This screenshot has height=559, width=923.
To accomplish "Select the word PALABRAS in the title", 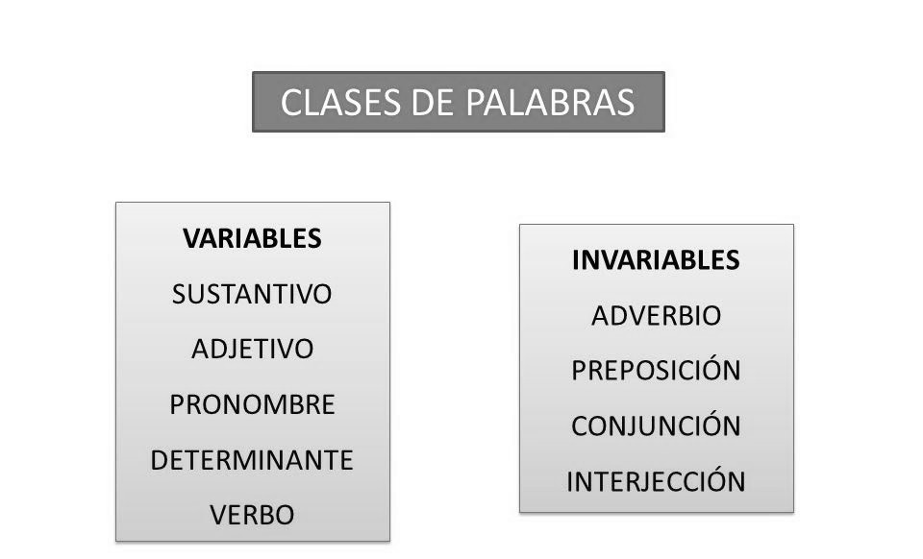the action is (x=550, y=102).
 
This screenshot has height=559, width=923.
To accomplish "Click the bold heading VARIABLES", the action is (x=252, y=238).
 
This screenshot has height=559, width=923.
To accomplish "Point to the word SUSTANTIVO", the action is (x=252, y=294).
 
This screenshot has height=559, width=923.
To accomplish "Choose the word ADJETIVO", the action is (x=252, y=350).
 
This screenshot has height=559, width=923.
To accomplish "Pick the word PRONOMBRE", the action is (x=252, y=404).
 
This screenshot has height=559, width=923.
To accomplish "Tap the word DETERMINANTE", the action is (x=252, y=460).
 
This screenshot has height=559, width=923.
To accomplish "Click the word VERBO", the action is (x=252, y=515).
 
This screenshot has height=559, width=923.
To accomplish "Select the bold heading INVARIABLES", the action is (x=656, y=260).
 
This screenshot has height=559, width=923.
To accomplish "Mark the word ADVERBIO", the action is (x=656, y=316).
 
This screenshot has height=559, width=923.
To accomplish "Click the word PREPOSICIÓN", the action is (x=656, y=368).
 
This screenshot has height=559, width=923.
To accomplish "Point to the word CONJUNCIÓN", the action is (x=656, y=424).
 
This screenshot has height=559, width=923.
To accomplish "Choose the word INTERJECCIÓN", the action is (x=656, y=478).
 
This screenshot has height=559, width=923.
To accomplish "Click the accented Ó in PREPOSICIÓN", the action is (x=710, y=368).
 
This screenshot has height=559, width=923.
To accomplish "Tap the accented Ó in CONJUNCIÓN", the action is (x=710, y=424).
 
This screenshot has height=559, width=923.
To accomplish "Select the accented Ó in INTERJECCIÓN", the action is (x=714, y=478).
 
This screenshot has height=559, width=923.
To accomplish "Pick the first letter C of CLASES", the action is (x=291, y=102).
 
